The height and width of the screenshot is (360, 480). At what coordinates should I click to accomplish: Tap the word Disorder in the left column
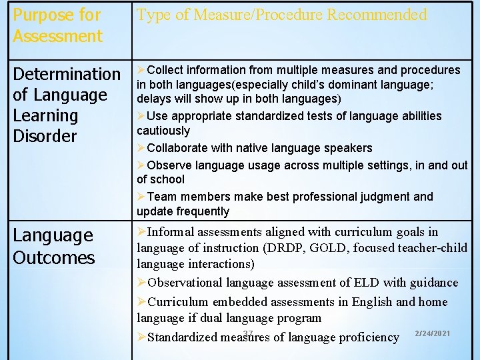[x=45, y=136]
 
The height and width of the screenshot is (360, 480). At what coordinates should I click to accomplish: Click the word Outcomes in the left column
[x=54, y=257]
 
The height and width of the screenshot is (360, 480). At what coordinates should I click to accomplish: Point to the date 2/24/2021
[x=432, y=333]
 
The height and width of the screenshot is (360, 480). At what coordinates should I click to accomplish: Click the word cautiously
[x=163, y=131]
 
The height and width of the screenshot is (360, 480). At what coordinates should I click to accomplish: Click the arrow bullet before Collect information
[x=141, y=70]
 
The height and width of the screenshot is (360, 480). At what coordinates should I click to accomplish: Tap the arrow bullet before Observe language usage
[x=141, y=165]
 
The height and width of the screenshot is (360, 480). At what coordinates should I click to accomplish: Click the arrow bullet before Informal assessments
[x=141, y=232]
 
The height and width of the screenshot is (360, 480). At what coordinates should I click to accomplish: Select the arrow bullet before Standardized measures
[x=141, y=337]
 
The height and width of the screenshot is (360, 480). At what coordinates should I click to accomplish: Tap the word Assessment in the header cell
[x=57, y=36]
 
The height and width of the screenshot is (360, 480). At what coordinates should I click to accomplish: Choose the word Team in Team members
[x=160, y=196]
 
